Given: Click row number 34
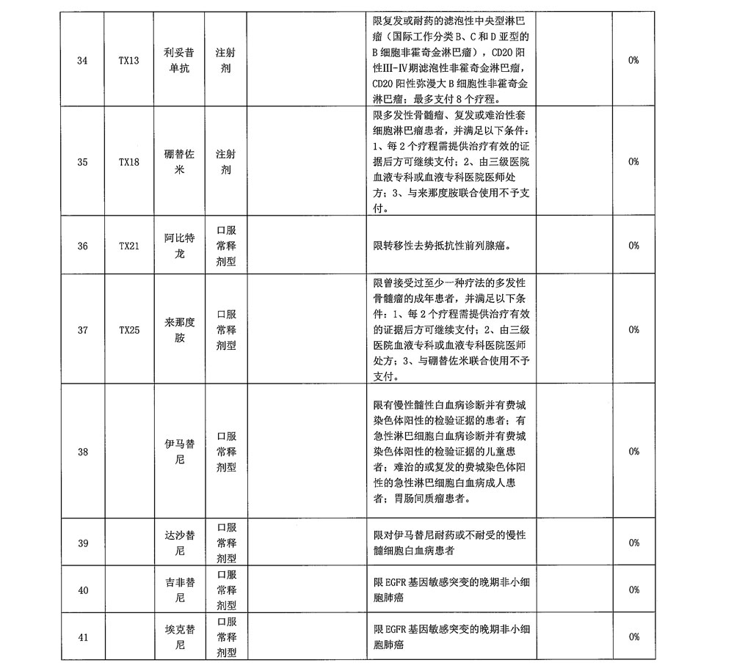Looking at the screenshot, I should coord(82,61).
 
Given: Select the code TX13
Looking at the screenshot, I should coord(129,61).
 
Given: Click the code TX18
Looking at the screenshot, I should coord(129,162).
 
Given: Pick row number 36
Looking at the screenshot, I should coord(82,246).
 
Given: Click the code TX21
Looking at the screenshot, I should coord(129,246).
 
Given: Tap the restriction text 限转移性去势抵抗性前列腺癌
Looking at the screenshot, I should coord(443,246).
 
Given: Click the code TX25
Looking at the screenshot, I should coord(129,330).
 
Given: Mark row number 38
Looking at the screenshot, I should coord(82,452).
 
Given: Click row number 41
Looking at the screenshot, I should coord(82,637).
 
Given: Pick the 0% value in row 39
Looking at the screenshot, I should coord(633,543).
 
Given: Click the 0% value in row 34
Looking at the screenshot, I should coord(633,61).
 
